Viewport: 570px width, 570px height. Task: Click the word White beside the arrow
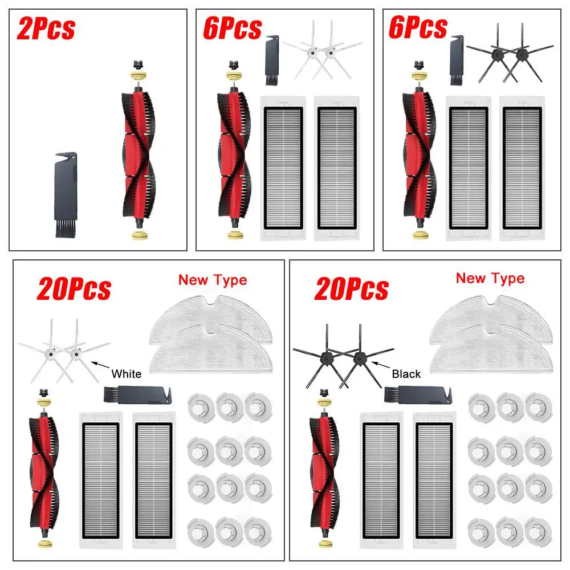[x=127, y=374]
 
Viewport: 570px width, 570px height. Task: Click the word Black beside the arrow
[x=406, y=374]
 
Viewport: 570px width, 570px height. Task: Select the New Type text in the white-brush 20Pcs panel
[x=213, y=280]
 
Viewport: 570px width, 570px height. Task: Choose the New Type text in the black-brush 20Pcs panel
[x=490, y=278]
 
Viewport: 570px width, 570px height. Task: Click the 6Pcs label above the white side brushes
[x=233, y=28]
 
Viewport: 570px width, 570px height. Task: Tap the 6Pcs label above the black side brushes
[x=418, y=28]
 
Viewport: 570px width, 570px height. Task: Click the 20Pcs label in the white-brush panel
[x=74, y=290]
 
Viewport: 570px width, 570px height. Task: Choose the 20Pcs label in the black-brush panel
[x=352, y=290]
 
